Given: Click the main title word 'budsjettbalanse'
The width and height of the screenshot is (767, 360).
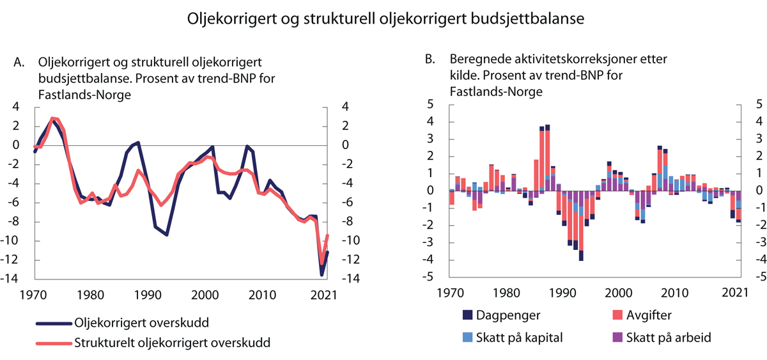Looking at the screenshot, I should point(526,19).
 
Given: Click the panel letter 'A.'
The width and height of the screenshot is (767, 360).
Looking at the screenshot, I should point(20,63).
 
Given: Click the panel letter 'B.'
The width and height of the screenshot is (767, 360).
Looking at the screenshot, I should point(431,59).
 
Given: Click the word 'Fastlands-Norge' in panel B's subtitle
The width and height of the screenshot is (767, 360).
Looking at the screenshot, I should point(496,91).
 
